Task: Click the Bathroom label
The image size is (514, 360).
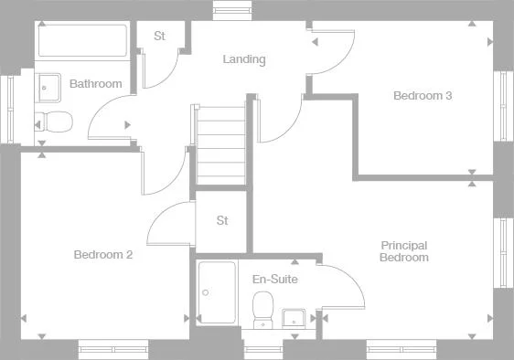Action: pyautogui.click(x=96, y=84)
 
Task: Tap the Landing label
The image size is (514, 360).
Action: pyautogui.click(x=244, y=59)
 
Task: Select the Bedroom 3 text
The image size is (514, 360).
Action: pyautogui.click(x=423, y=95)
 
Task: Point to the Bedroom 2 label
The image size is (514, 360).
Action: pyautogui.click(x=103, y=255)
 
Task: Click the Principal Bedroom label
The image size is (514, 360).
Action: pyautogui.click(x=404, y=251)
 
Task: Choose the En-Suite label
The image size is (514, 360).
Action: pyautogui.click(x=274, y=279)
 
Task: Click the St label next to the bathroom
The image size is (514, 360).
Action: pyautogui.click(x=159, y=37)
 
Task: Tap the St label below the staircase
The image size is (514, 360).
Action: pyautogui.click(x=222, y=220)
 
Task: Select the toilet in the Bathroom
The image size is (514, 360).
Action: pyautogui.click(x=55, y=121)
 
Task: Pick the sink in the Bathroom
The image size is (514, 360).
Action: pyautogui.click(x=49, y=87)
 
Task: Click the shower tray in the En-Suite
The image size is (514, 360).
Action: pyautogui.click(x=217, y=292)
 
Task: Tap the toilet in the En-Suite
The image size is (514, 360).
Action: pyautogui.click(x=264, y=308)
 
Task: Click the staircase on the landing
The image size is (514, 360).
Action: pyautogui.click(x=220, y=143)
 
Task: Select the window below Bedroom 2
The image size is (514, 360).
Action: pyautogui.click(x=112, y=349)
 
